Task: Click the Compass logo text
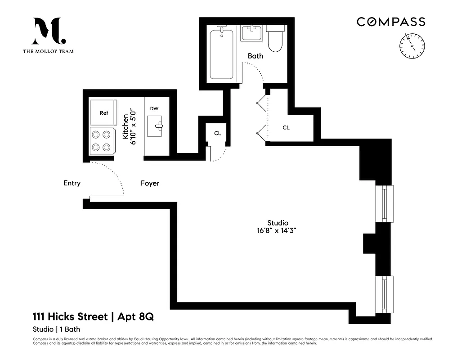[x=390, y=22]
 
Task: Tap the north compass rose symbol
[x=412, y=46]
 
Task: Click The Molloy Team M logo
[x=49, y=31]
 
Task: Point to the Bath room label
[x=255, y=56]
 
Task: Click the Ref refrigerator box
[x=103, y=113]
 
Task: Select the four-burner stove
[x=101, y=140]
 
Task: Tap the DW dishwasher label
[x=154, y=109]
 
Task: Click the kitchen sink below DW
[x=156, y=126]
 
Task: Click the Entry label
[x=72, y=183]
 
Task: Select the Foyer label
[x=150, y=184]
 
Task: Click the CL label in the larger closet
[x=286, y=128]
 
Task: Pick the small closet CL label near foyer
[x=217, y=134]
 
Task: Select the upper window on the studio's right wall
[x=385, y=203]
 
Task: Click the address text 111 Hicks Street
[x=71, y=317]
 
